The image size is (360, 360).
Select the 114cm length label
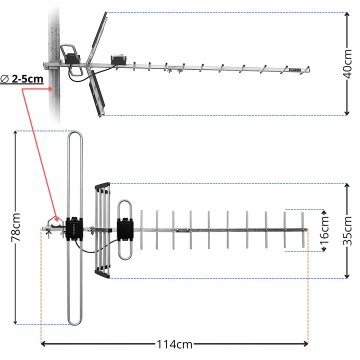pos(173,344)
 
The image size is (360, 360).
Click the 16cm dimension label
pos(325,230)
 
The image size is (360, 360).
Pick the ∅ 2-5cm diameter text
pos(22,79)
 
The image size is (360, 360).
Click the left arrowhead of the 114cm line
pos(43,343)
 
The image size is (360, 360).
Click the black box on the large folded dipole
pos(74,227)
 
